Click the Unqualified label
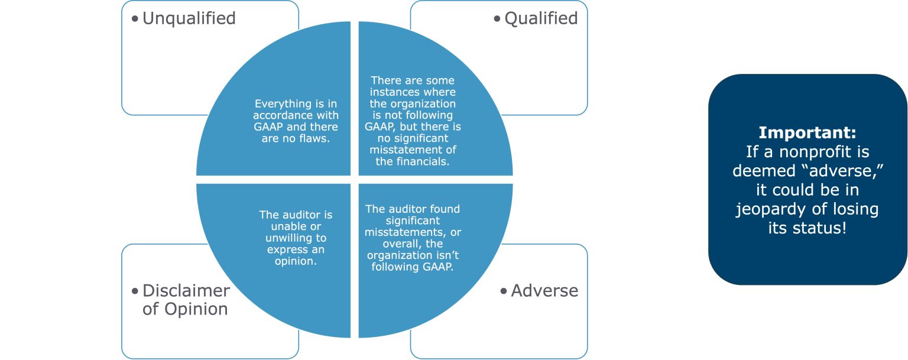[x=189, y=18]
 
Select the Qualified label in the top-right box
[x=540, y=18]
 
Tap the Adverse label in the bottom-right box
[x=544, y=291]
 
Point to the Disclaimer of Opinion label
[x=186, y=300]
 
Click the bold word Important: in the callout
[x=807, y=132]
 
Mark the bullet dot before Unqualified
[x=135, y=19]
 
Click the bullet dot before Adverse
[x=504, y=291]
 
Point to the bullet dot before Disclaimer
[x=135, y=291]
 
